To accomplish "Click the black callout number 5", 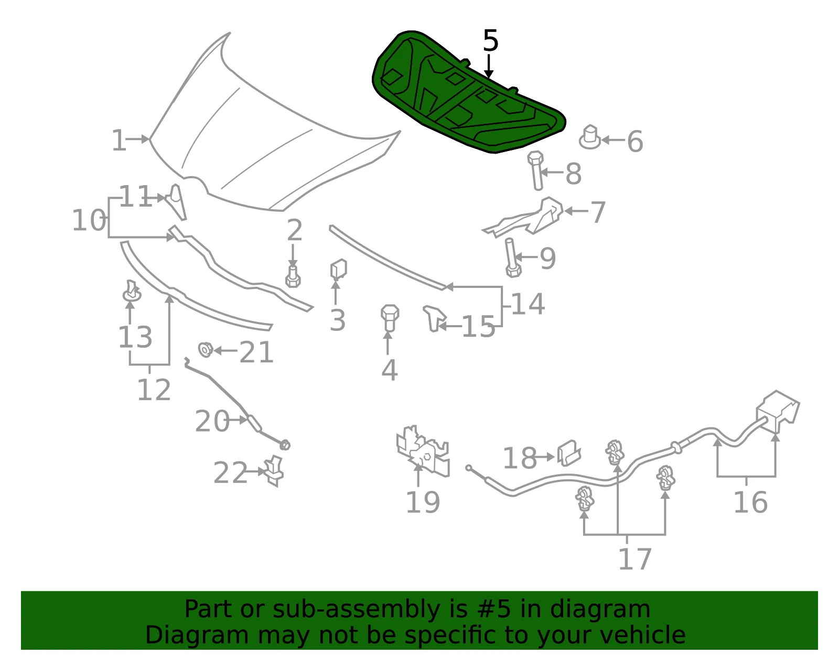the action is coord(490,40).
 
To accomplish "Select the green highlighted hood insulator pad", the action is coord(467,93).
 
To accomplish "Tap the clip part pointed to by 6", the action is coord(589,137).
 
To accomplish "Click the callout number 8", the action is coord(573,174).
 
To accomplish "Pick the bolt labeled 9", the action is coord(512,258).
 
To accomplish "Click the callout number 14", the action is coord(528,304).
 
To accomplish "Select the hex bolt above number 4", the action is coord(390,318).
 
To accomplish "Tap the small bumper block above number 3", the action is coord(339,270).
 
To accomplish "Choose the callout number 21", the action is coord(256,352).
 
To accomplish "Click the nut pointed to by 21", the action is coord(206,350).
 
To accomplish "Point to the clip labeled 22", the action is coord(274,471).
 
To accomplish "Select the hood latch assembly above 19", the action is coord(423,451).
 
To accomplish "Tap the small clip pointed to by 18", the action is coord(569,453).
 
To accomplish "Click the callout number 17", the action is coord(634,559).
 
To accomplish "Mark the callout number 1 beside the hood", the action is coord(119,140).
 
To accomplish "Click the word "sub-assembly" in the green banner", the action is coord(356,609).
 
